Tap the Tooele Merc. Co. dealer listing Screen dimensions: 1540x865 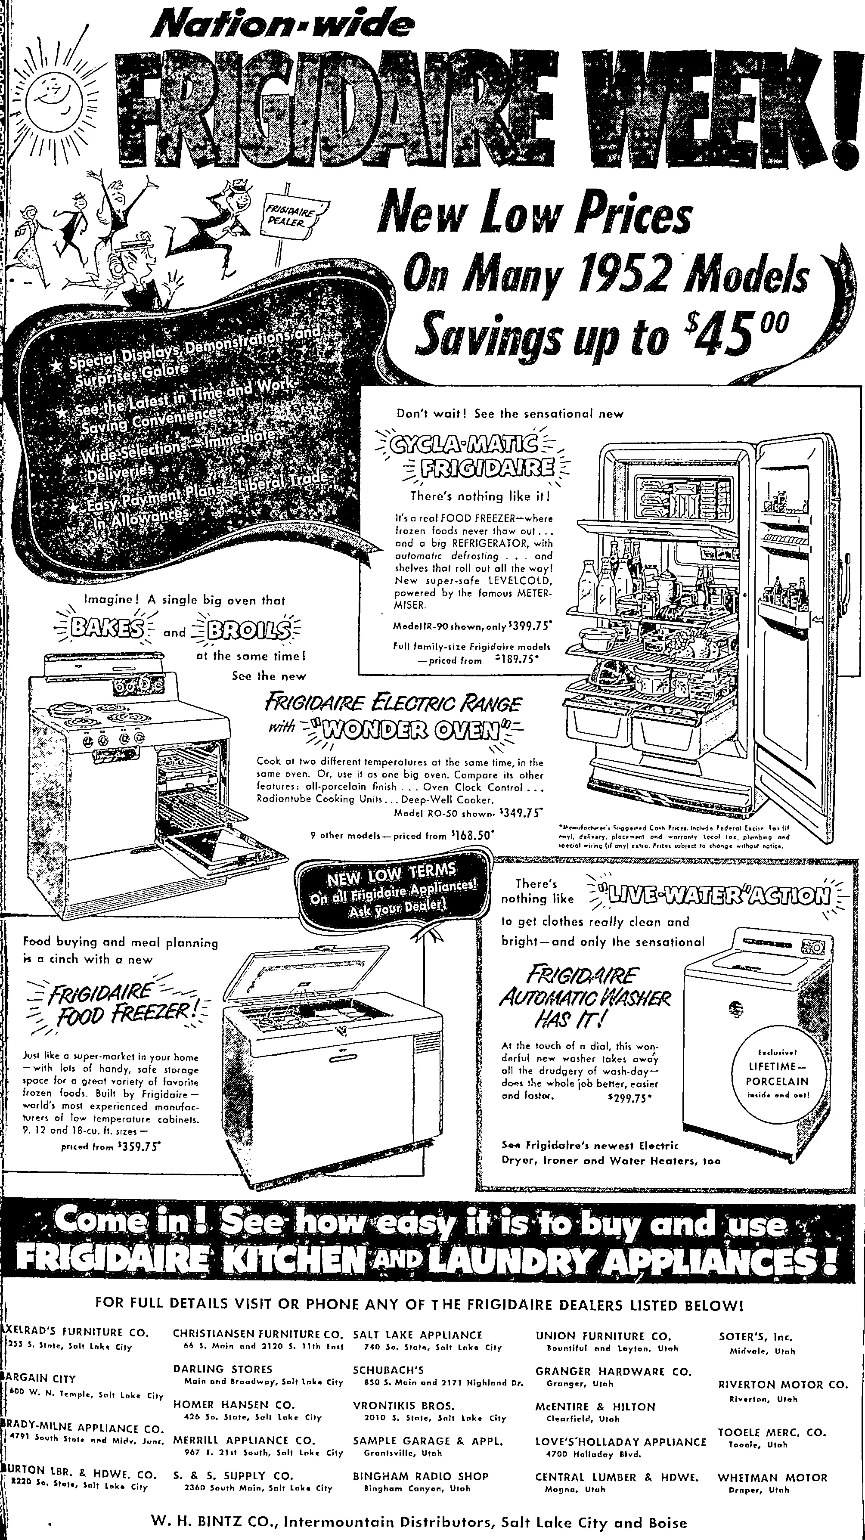point(772,1433)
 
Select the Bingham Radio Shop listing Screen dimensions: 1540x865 point(421,1477)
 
